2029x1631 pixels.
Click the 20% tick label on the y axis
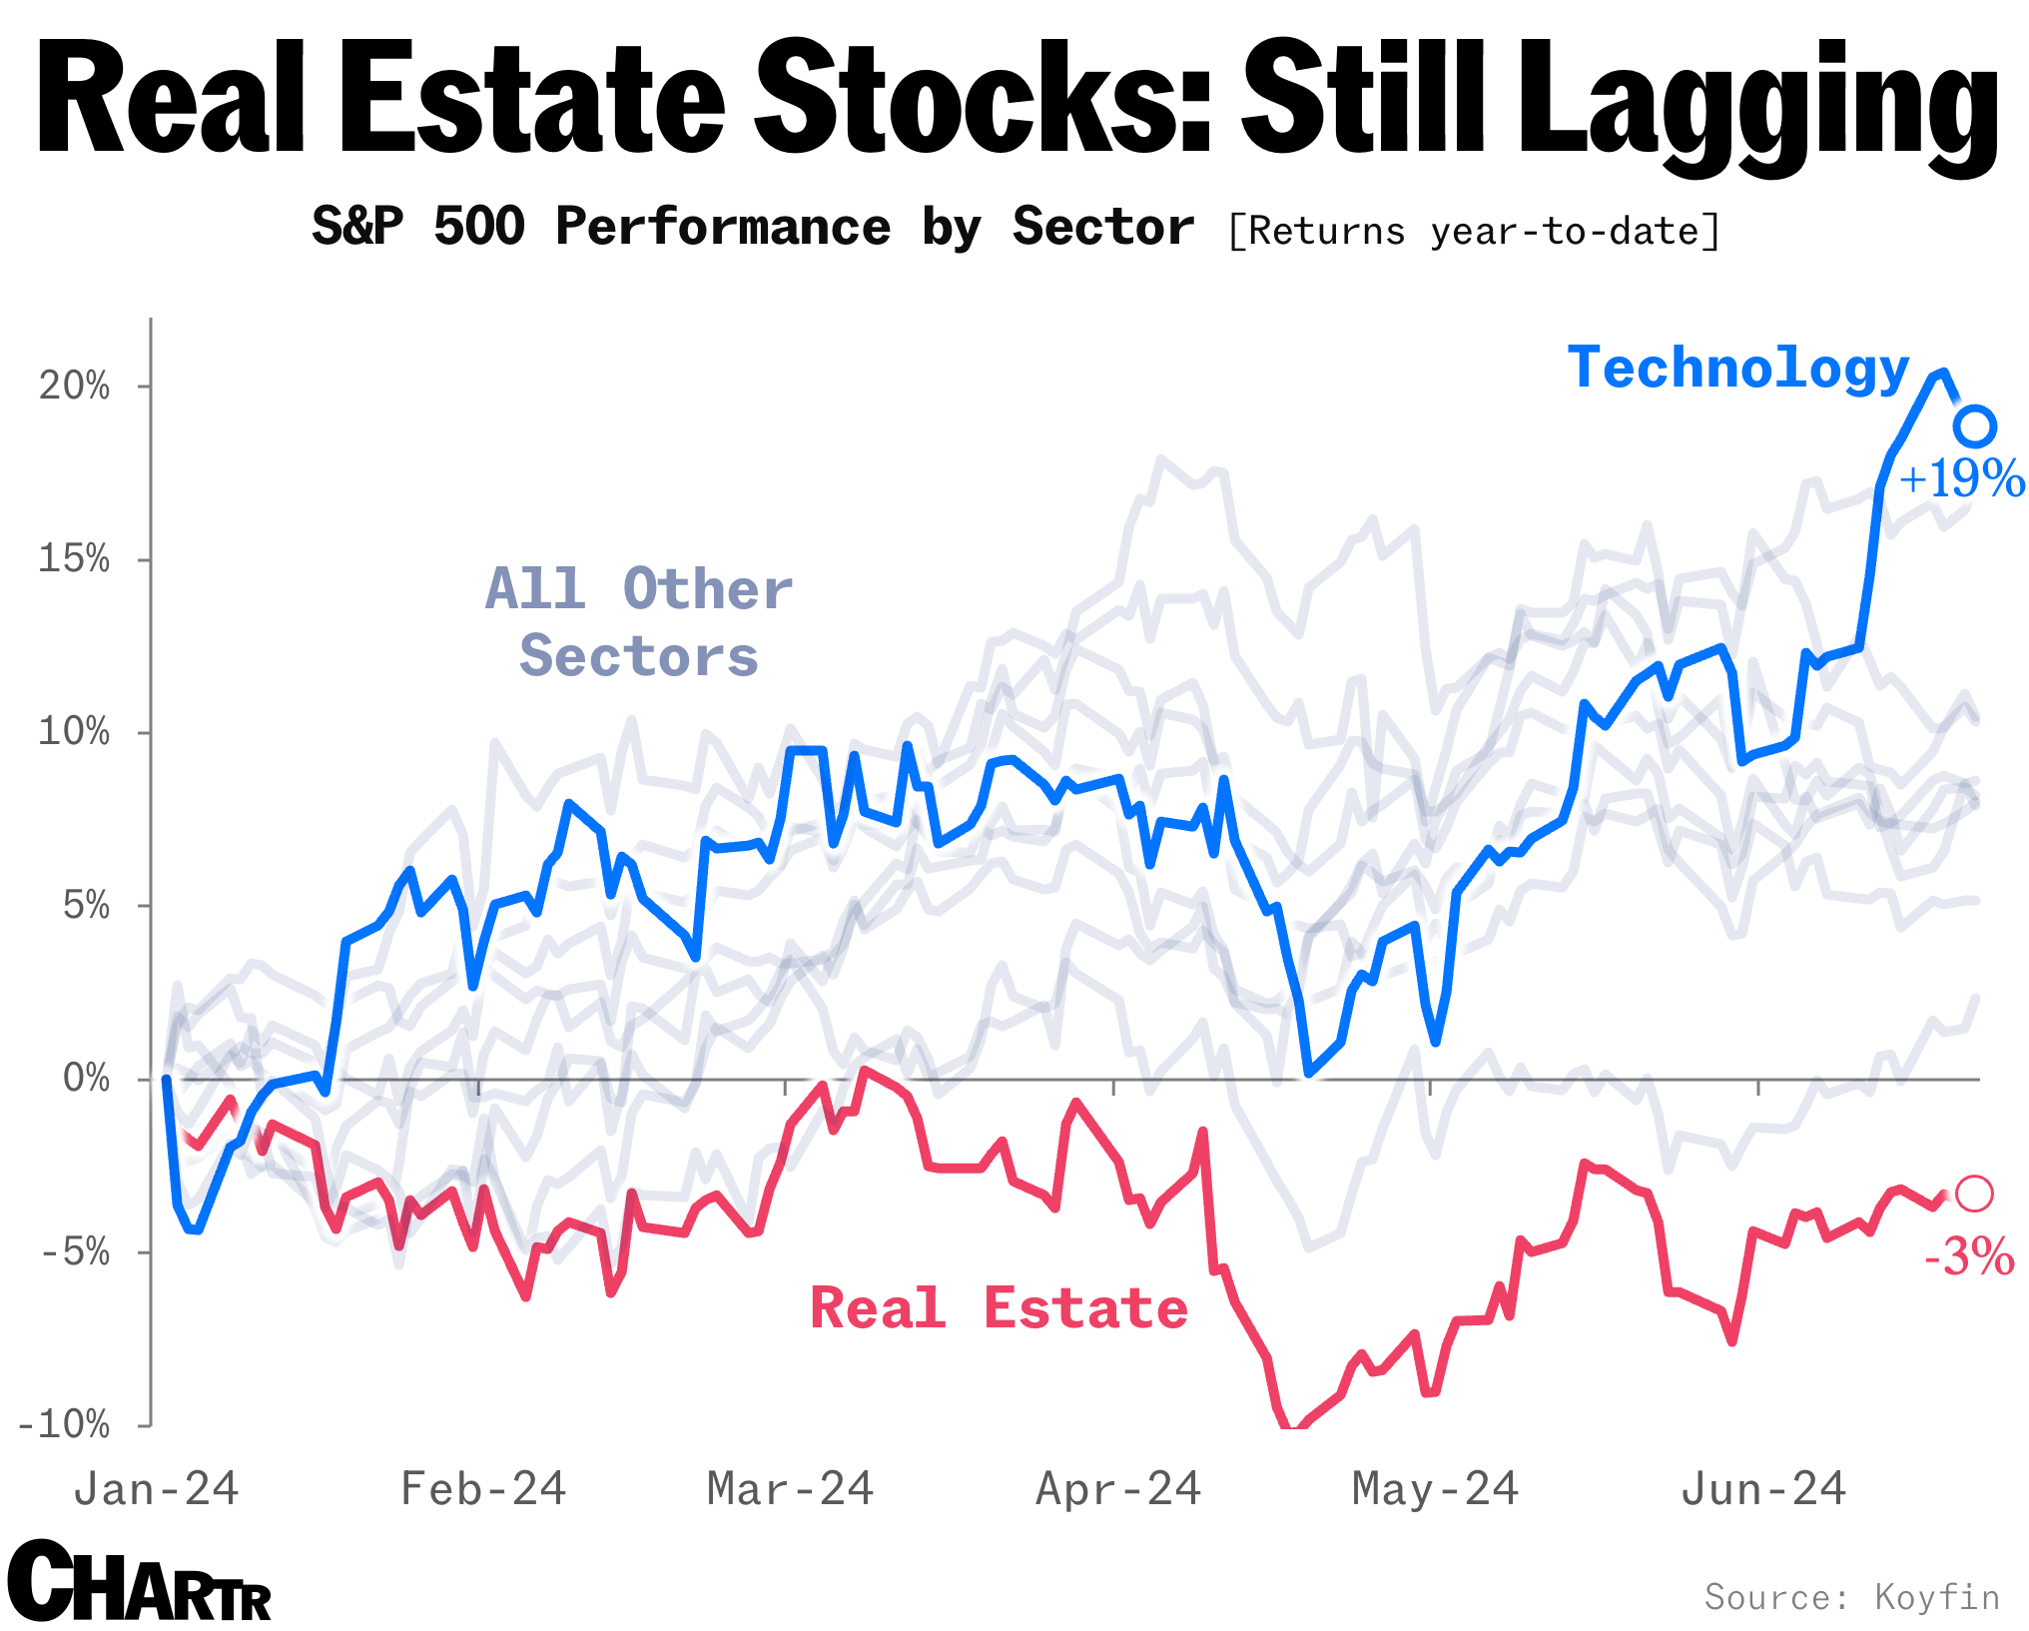74,386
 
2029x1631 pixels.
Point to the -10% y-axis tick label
64,1423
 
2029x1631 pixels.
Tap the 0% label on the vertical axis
86,1078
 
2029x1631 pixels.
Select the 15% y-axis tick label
74,558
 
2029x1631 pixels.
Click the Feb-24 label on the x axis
483,1489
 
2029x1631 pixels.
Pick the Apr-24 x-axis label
1118,1489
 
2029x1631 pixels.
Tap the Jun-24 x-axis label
1763,1489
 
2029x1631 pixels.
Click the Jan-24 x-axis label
157,1489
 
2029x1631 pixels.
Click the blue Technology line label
1737,369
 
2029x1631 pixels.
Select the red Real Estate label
999,1308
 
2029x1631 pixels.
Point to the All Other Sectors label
639,621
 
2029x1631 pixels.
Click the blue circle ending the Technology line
1974,426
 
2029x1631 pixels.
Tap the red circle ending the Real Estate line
1974,1194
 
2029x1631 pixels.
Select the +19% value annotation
1961,478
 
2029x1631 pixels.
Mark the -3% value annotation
1969,1256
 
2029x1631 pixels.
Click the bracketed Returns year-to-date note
1474,231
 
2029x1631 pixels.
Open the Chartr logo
140,1582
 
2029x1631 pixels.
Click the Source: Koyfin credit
1851,1596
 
